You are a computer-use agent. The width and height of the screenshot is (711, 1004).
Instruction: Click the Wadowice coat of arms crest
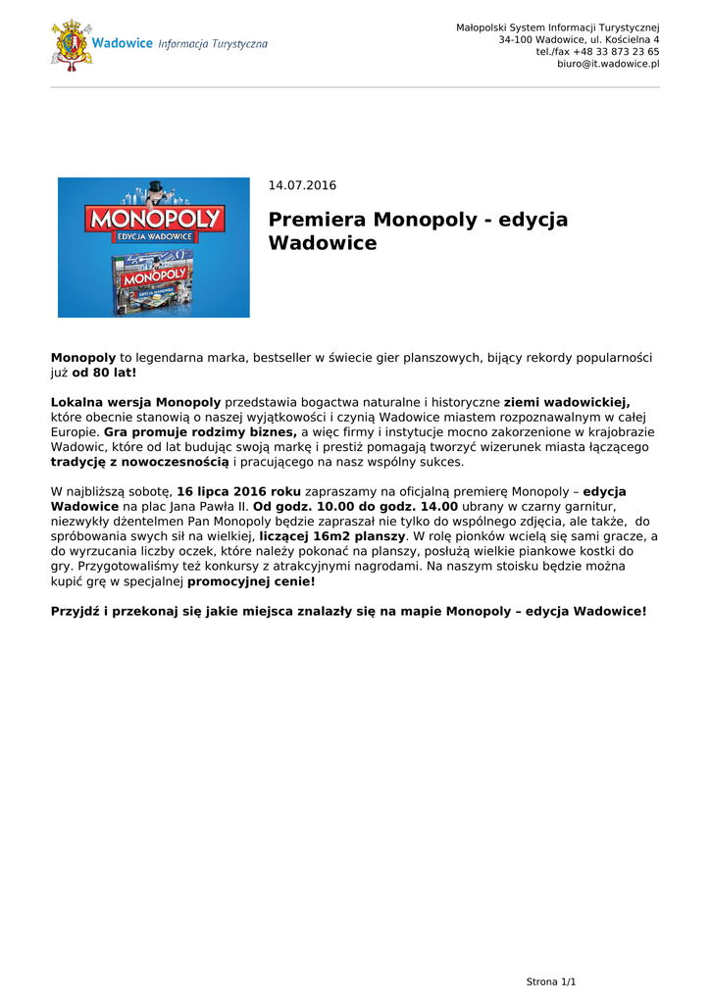(72, 45)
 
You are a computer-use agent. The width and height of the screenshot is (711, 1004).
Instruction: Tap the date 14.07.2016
(302, 185)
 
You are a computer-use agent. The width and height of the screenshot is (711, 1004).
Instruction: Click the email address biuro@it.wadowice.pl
(608, 64)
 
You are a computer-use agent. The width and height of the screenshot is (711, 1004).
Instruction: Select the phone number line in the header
(597, 52)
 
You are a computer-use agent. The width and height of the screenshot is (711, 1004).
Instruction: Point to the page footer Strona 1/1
(551, 981)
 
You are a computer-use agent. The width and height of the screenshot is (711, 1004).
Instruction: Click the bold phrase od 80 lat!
(104, 374)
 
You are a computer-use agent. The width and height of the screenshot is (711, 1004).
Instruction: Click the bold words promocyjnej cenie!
(251, 581)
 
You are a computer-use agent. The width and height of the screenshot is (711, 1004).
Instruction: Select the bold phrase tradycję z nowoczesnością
(139, 462)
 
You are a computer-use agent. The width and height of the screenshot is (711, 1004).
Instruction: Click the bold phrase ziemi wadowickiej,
(567, 402)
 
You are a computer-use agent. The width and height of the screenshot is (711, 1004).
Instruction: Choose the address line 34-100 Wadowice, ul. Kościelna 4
(579, 39)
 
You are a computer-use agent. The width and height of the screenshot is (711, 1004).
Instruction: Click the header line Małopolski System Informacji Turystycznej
(557, 26)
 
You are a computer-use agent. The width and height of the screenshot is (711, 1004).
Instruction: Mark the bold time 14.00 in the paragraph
(439, 507)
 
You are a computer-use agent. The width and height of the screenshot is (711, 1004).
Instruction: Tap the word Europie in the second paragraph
(75, 431)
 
